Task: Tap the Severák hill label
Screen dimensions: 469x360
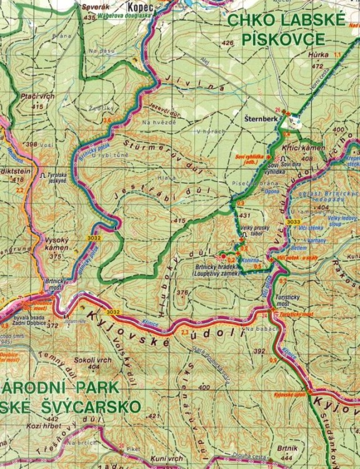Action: tap(87, 8)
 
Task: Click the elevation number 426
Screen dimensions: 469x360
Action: tap(227, 43)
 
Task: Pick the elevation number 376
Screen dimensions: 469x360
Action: tap(182, 292)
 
